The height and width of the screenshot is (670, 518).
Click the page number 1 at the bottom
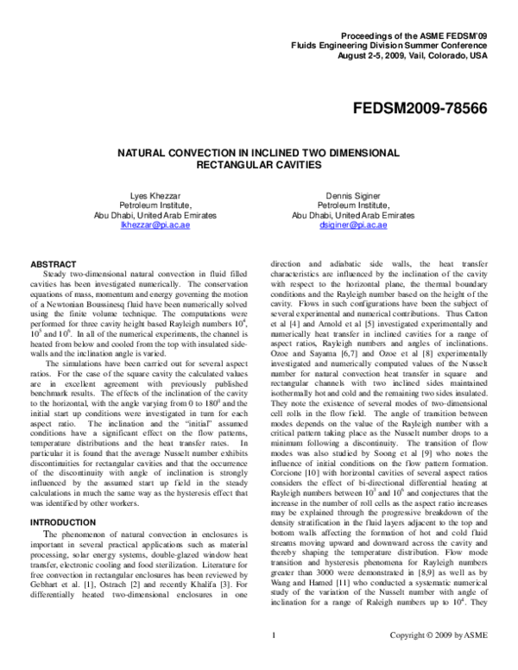273,660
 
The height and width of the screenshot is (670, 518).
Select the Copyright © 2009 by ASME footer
457,660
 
